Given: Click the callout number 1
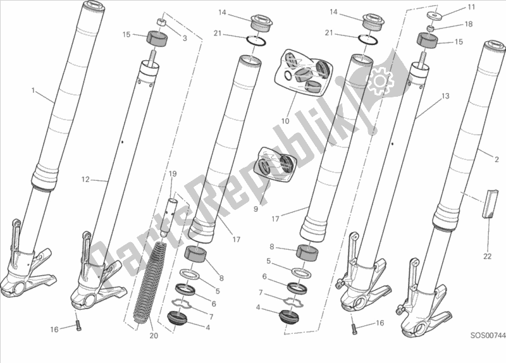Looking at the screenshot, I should (33, 90).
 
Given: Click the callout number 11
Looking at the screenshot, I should (471, 7).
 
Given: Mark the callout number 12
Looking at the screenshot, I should (84, 179).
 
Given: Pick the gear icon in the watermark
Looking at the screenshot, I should (379, 80).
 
